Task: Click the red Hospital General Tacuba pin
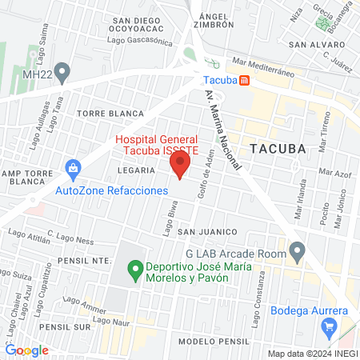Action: coord(180,166)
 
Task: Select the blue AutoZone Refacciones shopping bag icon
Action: coord(73,170)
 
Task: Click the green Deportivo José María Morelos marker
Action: coord(135,268)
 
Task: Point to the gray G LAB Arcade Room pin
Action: coord(298,254)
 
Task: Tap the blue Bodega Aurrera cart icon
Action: coord(328,327)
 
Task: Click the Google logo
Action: coord(26,350)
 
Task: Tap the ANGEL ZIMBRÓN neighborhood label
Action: coord(216,20)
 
